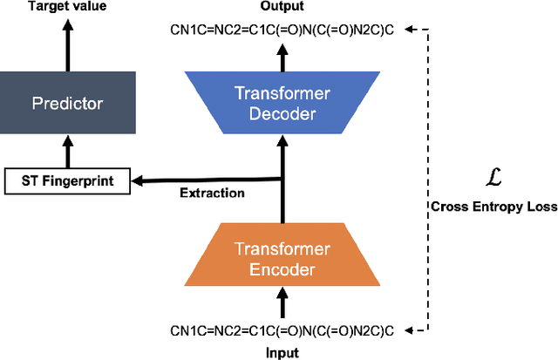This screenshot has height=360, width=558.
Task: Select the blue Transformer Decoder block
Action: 281,104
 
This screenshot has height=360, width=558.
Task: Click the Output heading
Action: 282,8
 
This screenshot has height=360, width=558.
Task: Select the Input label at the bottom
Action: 282,352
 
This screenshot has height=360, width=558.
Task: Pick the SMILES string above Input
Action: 282,331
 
